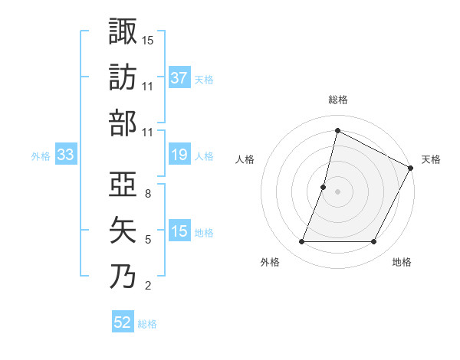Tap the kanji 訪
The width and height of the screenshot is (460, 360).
pos(123,77)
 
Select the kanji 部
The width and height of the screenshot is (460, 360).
pos(123,123)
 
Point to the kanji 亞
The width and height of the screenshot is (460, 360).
pos(123,184)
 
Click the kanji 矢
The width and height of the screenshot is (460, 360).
pos(123,230)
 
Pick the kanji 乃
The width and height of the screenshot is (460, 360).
pos(123,276)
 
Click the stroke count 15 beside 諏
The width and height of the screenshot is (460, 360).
pos(148,40)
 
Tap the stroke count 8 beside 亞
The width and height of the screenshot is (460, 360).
pos(148,194)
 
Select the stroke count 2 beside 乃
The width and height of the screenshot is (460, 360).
pos(148,286)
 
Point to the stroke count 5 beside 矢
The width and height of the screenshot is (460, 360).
pos(148,240)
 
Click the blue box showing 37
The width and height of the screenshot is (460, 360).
pos(179,78)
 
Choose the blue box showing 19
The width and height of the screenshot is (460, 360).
pos(179,155)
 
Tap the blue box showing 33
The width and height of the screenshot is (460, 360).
pos(65,155)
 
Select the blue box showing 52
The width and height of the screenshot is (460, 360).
pos(123,322)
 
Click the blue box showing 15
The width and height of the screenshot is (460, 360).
pos(179,232)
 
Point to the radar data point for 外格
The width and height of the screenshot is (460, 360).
pos(301,242)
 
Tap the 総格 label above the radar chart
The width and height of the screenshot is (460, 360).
pos(337,100)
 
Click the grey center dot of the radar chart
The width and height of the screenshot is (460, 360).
pos(337,191)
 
